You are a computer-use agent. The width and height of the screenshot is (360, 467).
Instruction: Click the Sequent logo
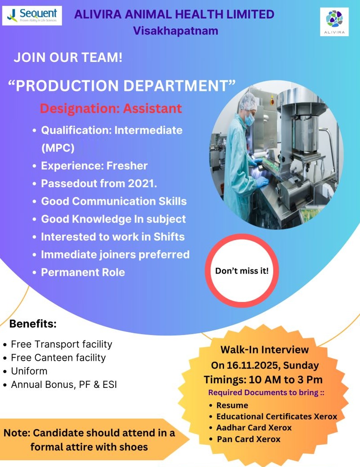[x=32, y=15]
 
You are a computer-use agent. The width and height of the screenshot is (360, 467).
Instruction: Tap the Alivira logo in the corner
[x=334, y=21]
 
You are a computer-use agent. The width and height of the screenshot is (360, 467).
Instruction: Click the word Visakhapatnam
[x=176, y=31]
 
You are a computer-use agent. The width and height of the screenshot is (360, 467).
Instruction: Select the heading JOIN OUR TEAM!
[x=68, y=58]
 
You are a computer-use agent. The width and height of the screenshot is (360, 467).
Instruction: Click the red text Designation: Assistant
[x=111, y=108]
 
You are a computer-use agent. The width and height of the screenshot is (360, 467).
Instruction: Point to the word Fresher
[x=127, y=166]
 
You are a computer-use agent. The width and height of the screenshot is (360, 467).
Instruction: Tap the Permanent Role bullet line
[x=83, y=272]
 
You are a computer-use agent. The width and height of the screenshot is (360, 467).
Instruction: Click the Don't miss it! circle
[x=242, y=271]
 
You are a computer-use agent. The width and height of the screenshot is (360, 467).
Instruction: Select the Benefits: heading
[x=33, y=324]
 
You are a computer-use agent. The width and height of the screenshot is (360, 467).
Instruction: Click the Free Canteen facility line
[x=58, y=358]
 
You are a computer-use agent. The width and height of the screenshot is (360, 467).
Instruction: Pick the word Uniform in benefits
[x=29, y=371]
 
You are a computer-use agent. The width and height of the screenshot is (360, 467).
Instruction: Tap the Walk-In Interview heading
[x=265, y=349]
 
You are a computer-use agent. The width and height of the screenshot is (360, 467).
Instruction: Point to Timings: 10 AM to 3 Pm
[x=263, y=379]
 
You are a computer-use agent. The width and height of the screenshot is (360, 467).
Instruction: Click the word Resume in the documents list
[x=232, y=405]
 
